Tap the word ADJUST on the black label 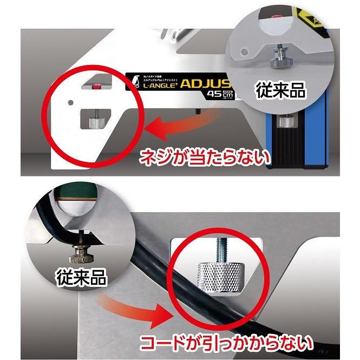208,85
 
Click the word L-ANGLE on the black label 158,87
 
